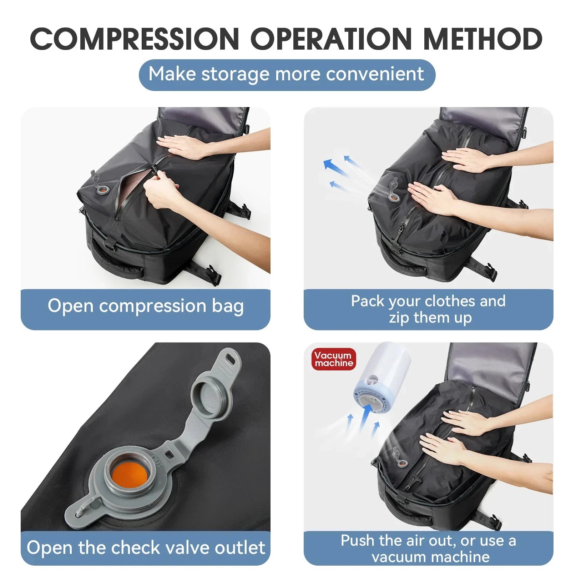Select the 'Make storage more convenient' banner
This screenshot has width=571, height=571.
pyautogui.click(x=287, y=75)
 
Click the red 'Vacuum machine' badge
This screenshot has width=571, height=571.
pyautogui.click(x=334, y=359)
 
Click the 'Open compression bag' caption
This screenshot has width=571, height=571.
pyautogui.click(x=146, y=306)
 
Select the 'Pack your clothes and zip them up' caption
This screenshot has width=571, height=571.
pyautogui.click(x=428, y=309)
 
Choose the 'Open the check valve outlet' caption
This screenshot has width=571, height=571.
pyautogui.click(x=146, y=547)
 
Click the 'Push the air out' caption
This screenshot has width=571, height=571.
pyautogui.click(x=428, y=548)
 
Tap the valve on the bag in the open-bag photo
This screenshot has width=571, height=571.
pyautogui.click(x=102, y=189)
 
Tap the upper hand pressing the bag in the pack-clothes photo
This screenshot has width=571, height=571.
pyautogui.click(x=464, y=160)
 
